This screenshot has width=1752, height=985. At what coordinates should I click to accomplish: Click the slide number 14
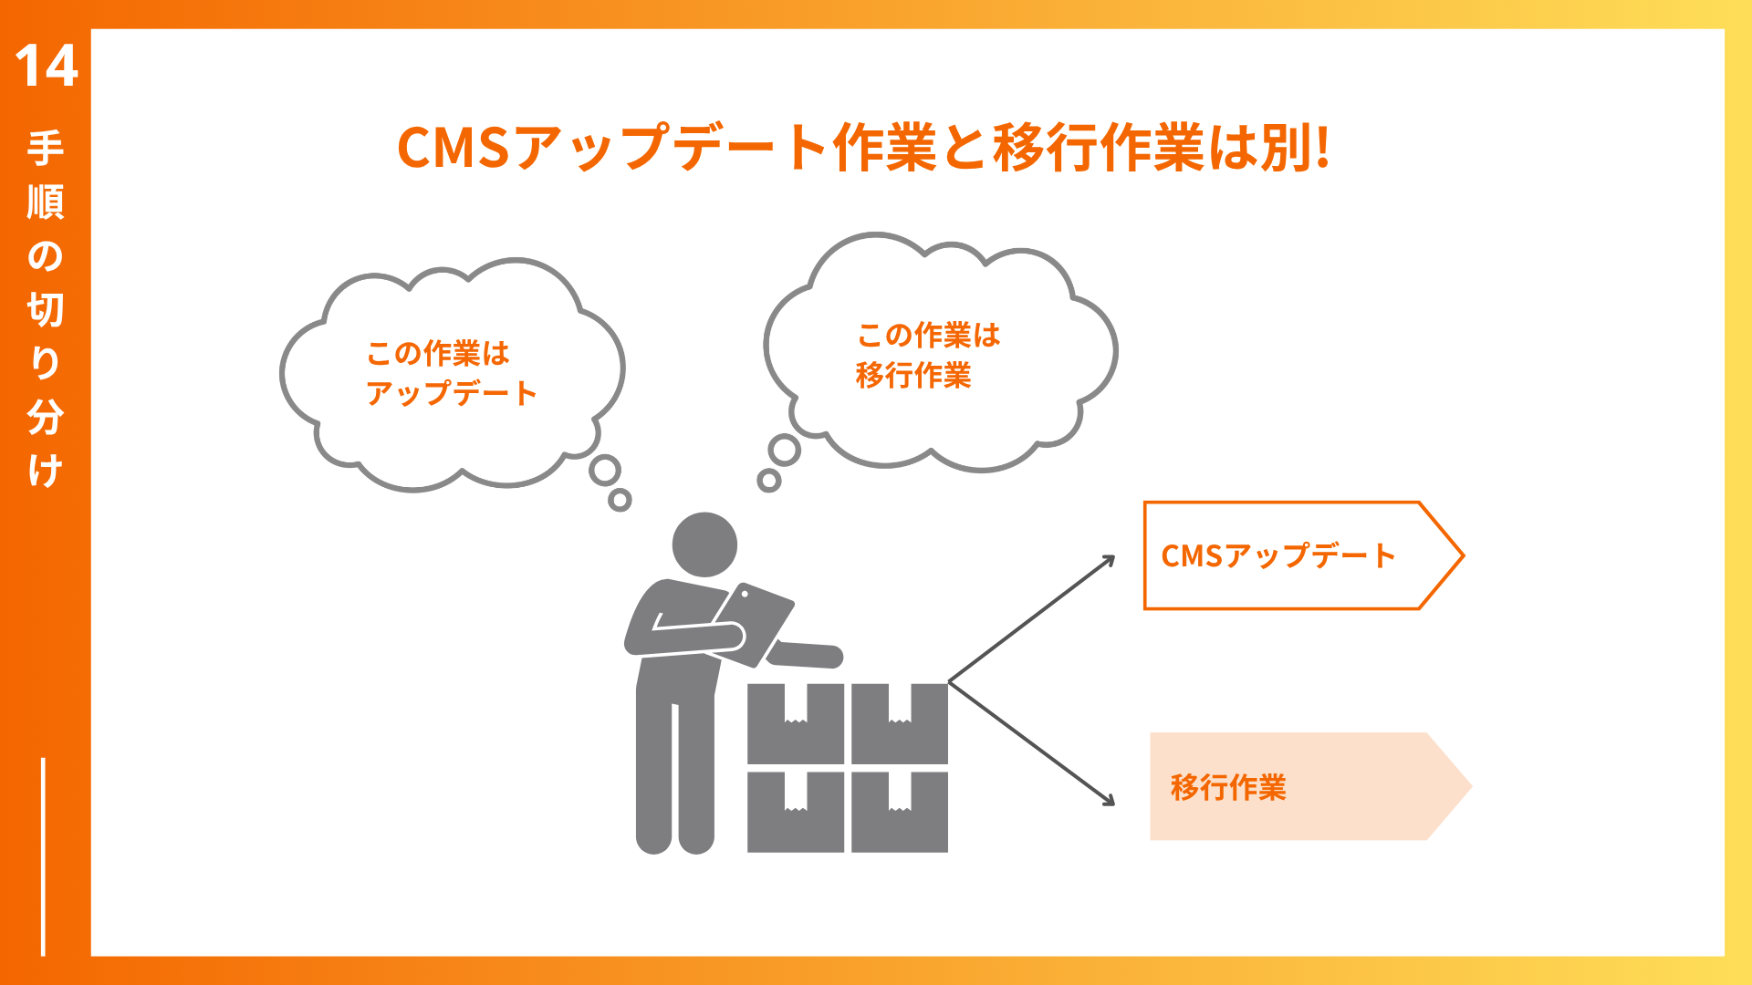[47, 67]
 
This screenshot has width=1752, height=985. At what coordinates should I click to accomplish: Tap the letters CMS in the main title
[453, 148]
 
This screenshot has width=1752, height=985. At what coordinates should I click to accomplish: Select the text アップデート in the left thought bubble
[452, 393]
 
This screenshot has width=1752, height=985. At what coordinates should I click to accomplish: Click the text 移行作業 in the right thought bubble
[913, 375]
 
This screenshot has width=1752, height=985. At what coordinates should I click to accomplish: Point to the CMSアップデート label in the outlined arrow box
[1278, 555]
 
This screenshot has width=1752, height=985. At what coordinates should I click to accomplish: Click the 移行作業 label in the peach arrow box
[1228, 787]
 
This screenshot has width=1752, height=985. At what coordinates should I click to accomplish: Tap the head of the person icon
[704, 544]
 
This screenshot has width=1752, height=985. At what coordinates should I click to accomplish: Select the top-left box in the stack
[796, 723]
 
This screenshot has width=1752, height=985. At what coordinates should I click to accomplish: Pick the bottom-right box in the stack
[900, 812]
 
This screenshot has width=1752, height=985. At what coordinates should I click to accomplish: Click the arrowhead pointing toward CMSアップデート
[1108, 561]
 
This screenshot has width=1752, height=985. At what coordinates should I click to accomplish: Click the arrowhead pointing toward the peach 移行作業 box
[1108, 800]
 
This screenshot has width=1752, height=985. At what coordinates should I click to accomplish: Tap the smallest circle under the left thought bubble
[620, 499]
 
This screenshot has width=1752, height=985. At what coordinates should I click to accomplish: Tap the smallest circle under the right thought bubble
[769, 481]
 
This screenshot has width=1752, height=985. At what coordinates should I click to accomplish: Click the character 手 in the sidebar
[46, 149]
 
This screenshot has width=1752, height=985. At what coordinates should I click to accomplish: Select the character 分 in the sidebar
[46, 417]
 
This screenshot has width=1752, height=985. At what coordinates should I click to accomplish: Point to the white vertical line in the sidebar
[43, 856]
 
